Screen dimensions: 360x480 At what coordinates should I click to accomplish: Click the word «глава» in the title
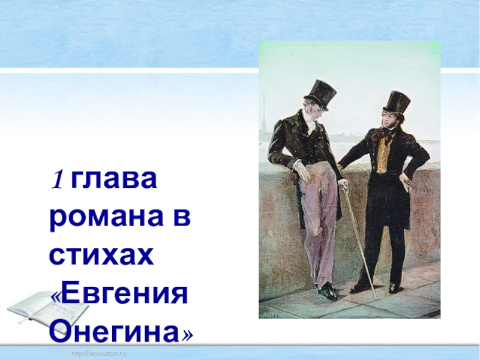click(x=115, y=181)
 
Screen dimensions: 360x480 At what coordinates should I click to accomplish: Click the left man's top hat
click(x=319, y=94)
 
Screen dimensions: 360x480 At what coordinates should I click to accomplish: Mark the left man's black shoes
click(x=328, y=293)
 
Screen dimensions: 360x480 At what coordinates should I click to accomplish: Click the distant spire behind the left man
click(x=263, y=114)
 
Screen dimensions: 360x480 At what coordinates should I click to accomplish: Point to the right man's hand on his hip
click(x=408, y=180)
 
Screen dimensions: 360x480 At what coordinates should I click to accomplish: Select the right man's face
click(x=389, y=122)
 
